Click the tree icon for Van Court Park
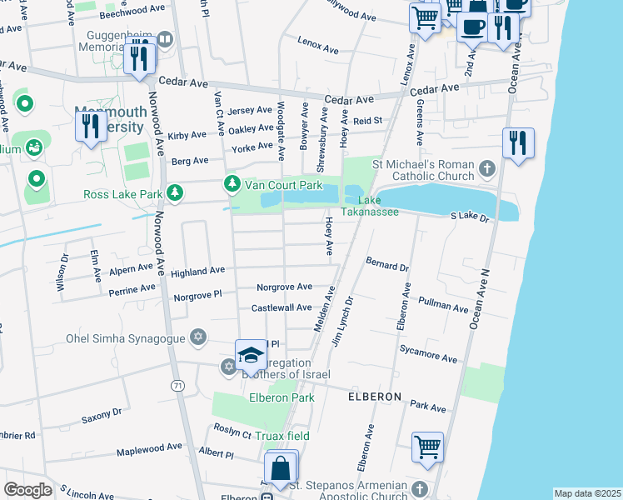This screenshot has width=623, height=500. point(233,184)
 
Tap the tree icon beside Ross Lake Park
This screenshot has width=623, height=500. point(174,194)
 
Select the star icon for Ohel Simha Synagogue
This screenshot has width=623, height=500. point(197,337)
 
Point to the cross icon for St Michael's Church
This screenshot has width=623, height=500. point(488,170)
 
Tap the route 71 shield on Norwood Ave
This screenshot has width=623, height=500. point(177,386)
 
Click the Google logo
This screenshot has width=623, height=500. point(27,489)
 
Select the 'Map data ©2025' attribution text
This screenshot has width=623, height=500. point(587,493)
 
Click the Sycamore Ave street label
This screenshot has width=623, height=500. point(428,353)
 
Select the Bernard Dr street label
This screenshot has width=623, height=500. point(387,264)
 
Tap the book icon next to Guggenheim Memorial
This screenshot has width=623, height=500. point(164,38)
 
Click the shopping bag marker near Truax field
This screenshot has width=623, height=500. point(282,469)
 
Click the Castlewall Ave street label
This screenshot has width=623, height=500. point(282,307)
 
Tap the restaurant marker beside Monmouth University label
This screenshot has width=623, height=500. point(90,127)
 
